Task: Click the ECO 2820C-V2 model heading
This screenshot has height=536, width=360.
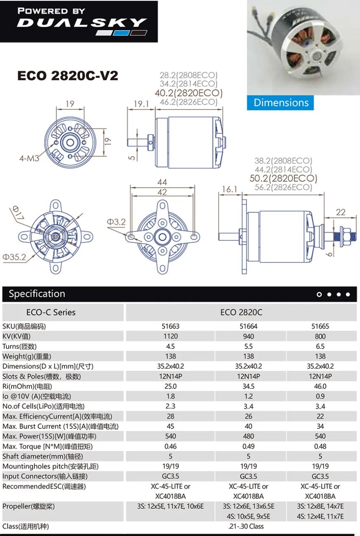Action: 67,76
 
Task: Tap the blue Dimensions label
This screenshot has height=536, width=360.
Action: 281,103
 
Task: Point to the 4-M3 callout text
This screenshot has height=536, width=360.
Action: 29,158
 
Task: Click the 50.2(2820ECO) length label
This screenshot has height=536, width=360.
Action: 283,178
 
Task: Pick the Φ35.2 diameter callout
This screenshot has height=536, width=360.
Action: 14,257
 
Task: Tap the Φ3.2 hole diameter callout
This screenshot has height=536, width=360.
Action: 116,222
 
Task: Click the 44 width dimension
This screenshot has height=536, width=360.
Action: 162,182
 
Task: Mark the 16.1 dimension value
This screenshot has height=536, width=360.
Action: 229,189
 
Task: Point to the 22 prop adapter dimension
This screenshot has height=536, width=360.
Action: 340,212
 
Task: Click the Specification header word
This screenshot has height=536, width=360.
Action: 37,294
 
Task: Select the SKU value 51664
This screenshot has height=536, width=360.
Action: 248,326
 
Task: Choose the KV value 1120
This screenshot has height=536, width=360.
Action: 170,336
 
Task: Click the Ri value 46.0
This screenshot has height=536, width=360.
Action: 320,386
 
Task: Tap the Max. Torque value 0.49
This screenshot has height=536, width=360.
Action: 248,446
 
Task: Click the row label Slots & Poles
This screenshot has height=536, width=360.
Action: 42,376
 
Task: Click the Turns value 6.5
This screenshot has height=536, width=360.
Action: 320,346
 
